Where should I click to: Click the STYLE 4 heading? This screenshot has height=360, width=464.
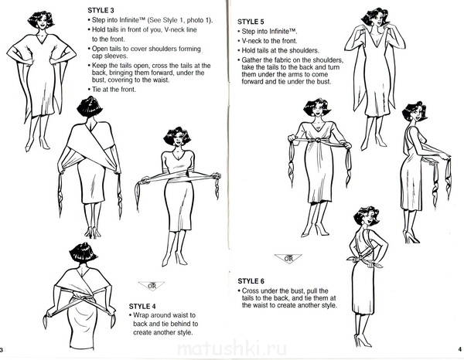pos(142,306)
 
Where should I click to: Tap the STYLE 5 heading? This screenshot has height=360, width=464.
pos(251,22)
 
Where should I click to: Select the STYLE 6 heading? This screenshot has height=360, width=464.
pos(251,280)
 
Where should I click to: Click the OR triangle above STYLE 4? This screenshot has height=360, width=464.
pos(152,286)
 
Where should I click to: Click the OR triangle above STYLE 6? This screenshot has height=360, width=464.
pos(288,259)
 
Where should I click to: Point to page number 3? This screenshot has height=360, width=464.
pos(2,350)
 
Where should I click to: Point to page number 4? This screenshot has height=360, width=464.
pos(459,349)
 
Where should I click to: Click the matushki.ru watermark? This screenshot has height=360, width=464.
pos(232,349)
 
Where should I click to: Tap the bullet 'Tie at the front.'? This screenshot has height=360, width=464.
pos(112,90)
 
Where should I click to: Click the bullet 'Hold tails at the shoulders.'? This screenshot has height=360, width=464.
pos(278,50)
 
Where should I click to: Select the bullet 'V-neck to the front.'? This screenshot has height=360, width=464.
pos(268,41)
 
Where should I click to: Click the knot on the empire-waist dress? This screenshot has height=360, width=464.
pos(318,140)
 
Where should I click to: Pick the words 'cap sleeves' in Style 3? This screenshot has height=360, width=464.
pos(110,56)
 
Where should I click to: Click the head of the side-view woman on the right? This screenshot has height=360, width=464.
pos(415,114)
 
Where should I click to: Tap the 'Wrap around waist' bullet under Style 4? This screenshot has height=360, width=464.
pos(164,324)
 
